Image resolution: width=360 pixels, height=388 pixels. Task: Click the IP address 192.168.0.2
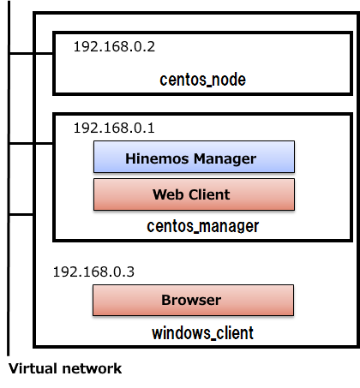click(x=114, y=46)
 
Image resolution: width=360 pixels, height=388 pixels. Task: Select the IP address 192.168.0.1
click(x=114, y=128)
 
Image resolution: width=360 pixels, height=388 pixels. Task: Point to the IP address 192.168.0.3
click(x=93, y=272)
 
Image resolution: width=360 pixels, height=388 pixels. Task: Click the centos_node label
click(x=202, y=80)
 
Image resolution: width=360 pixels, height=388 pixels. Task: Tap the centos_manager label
click(x=203, y=226)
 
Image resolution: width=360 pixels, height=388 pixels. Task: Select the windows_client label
click(x=202, y=333)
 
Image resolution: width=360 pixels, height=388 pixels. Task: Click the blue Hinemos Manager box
click(x=194, y=157)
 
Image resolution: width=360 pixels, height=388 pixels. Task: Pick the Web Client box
click(x=194, y=194)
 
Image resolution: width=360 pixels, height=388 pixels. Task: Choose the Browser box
click(x=194, y=300)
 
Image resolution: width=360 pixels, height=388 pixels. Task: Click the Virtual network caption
click(x=65, y=368)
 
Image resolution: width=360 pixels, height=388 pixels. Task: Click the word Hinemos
click(x=157, y=158)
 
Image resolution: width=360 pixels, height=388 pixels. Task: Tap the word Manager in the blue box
click(x=225, y=159)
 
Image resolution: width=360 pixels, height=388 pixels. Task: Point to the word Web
click(x=168, y=194)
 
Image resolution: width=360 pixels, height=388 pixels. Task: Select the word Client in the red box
click(x=209, y=194)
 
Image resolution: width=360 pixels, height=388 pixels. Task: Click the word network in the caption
click(x=93, y=368)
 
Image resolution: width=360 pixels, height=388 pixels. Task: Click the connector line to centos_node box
click(x=31, y=53)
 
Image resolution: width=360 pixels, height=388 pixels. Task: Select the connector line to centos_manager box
click(x=31, y=143)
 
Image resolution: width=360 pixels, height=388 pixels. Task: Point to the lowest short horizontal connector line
click(x=21, y=214)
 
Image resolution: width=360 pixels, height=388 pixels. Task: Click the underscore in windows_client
click(x=213, y=338)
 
